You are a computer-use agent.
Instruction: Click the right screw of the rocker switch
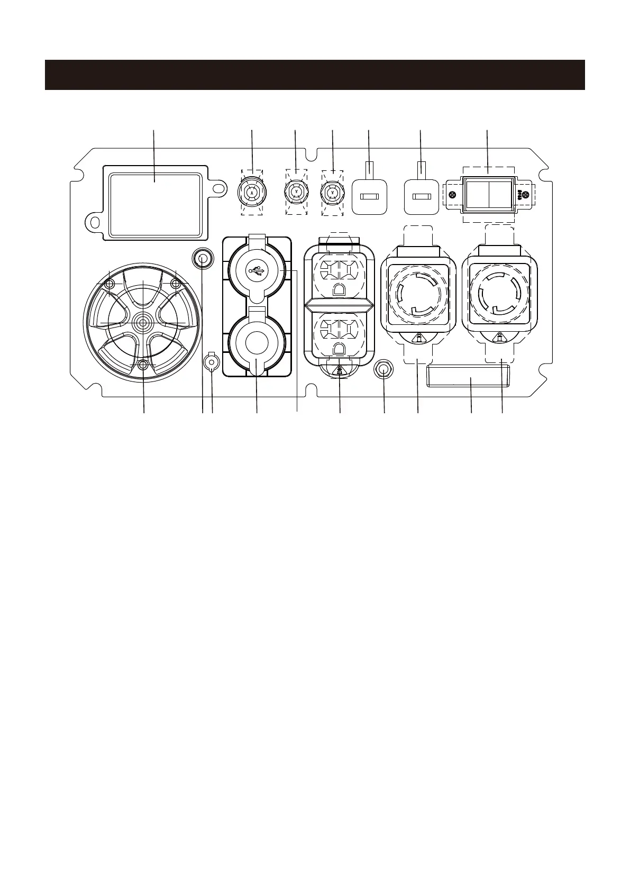[525, 195]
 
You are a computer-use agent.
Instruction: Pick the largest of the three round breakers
[252, 193]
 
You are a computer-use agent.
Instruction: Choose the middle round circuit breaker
[296, 192]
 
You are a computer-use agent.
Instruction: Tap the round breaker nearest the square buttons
[332, 192]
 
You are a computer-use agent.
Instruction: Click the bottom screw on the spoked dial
[142, 365]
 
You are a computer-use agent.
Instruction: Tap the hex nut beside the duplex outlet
[384, 370]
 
